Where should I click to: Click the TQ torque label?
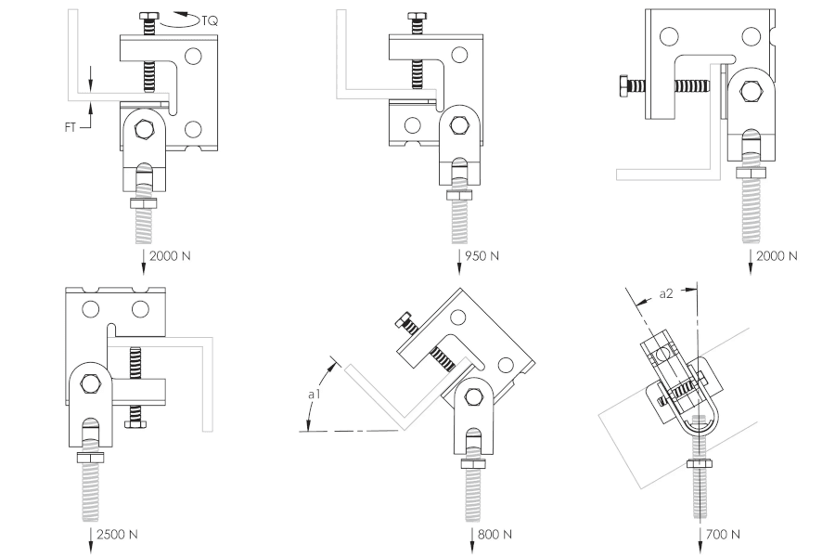click(x=210, y=21)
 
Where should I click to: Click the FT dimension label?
click(x=71, y=127)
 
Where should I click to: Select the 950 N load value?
click(x=482, y=256)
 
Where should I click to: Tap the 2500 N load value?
click(x=117, y=534)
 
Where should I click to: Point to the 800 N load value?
click(x=495, y=534)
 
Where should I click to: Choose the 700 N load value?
click(x=723, y=534)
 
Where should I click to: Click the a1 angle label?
click(x=315, y=395)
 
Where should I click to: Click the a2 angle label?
click(x=666, y=293)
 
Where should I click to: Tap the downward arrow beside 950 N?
click(x=459, y=262)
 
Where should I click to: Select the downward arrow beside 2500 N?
click(x=91, y=540)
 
